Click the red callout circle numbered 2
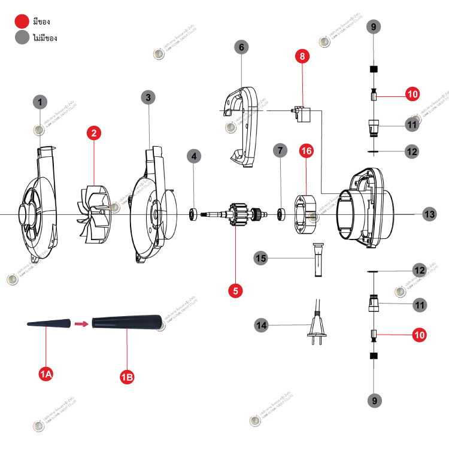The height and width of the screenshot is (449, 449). tap(93, 133)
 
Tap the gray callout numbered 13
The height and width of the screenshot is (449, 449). tap(430, 214)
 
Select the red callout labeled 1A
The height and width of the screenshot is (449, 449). tap(46, 375)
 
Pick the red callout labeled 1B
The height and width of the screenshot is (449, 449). tap(127, 377)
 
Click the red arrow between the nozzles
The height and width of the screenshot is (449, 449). tap(80, 324)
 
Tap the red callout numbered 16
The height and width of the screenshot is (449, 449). tap(306, 151)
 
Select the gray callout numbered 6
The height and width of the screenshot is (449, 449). tap(241, 47)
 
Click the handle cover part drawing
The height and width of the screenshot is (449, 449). tap(242, 126)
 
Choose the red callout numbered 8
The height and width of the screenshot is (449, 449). tap(303, 56)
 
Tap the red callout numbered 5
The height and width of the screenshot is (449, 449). tap(236, 290)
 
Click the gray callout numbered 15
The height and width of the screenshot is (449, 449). tap(261, 259)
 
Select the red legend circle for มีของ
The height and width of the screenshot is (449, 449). tap(23, 22)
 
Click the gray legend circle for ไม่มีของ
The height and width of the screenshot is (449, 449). tap(23, 37)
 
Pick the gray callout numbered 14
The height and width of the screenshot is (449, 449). tap(261, 326)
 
